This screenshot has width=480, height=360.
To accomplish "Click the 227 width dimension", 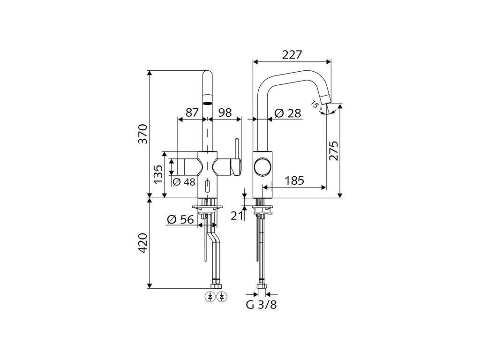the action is (x=292, y=55).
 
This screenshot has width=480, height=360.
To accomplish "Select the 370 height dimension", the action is (x=143, y=134).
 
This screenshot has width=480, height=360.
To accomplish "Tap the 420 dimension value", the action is (x=143, y=243).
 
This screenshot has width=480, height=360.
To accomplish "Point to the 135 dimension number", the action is (x=158, y=174).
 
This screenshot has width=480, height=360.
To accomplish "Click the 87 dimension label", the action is (x=192, y=112).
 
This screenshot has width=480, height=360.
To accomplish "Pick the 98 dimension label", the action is (x=225, y=112).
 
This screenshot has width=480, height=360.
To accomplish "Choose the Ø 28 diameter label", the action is (x=288, y=113).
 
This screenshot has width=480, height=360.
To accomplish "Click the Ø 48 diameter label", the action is (x=184, y=182).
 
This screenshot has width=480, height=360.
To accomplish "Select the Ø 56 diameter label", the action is (x=180, y=219).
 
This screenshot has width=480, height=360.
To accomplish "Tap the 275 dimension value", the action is (x=333, y=150).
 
